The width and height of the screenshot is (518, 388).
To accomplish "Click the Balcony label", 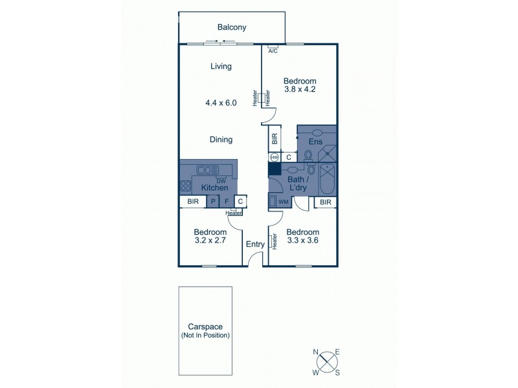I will (x=231, y=27).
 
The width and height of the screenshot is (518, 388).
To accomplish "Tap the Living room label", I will (x=221, y=66).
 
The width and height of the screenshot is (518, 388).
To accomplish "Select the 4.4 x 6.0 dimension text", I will (x=221, y=102).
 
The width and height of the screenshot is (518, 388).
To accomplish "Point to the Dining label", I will (x=221, y=140).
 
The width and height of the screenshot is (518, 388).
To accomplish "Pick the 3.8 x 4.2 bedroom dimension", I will (x=300, y=90).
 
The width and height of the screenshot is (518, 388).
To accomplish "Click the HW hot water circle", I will (x=274, y=157).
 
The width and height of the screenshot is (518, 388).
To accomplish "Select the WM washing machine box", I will (x=283, y=202).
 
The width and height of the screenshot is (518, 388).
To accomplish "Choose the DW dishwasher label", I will (x=221, y=181).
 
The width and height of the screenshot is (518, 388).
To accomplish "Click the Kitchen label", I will (x=214, y=188).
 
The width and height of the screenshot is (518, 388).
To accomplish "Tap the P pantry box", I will (x=212, y=202).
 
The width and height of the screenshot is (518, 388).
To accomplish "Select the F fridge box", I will (x=227, y=202).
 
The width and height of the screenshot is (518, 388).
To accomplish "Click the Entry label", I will (x=254, y=244).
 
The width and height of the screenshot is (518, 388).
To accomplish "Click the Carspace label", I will (x=205, y=327).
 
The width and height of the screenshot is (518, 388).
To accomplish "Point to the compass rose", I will (x=327, y=361).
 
